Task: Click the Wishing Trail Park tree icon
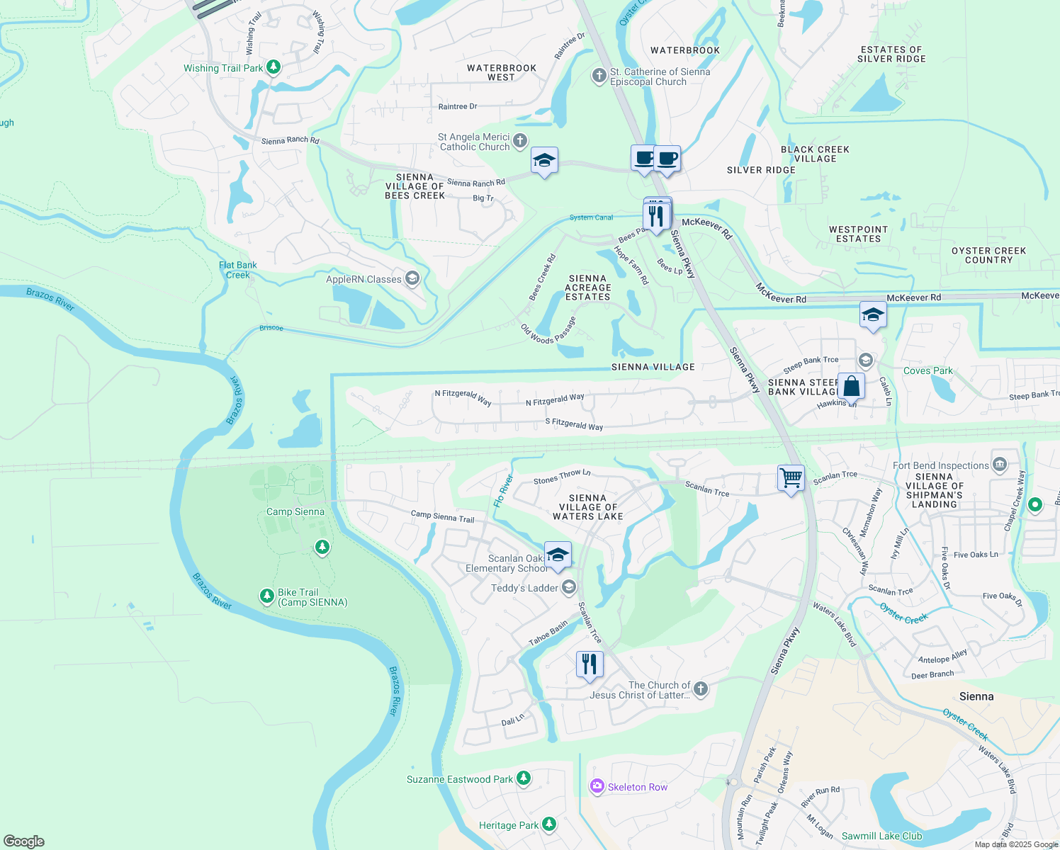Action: pyautogui.click(x=273, y=67)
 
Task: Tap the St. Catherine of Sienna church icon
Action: pyautogui.click(x=599, y=75)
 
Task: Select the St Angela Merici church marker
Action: pyautogui.click(x=520, y=140)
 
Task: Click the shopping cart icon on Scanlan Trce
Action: pyautogui.click(x=791, y=478)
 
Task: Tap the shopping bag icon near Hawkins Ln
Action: pyautogui.click(x=851, y=387)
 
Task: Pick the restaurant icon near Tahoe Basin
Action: pyautogui.click(x=590, y=664)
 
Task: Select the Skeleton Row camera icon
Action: pyautogui.click(x=597, y=786)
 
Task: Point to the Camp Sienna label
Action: pyautogui.click(x=295, y=511)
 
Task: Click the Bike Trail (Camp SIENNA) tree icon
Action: pyautogui.click(x=267, y=596)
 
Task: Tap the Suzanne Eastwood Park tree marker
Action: pyautogui.click(x=524, y=778)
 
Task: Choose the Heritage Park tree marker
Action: pyautogui.click(x=549, y=824)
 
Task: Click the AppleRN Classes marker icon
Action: pyautogui.click(x=412, y=278)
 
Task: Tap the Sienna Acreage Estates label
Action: pyautogui.click(x=587, y=288)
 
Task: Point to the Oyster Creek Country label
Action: pyautogui.click(x=988, y=255)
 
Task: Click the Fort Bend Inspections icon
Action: pyautogui.click(x=1000, y=465)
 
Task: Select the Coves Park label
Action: pyautogui.click(x=927, y=370)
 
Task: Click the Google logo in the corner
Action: pyautogui.click(x=24, y=841)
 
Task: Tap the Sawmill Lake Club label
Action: pyautogui.click(x=881, y=836)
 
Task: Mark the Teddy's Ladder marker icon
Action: pyautogui.click(x=569, y=587)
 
